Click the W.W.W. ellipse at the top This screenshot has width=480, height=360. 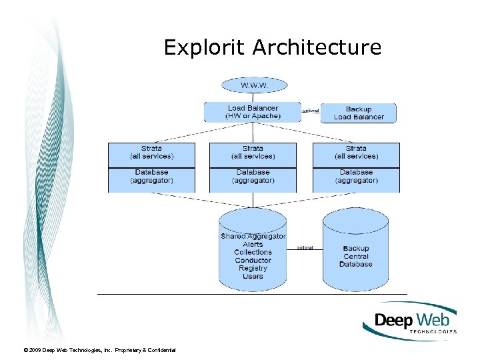(x=253, y=85)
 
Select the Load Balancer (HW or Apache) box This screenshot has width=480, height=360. (x=253, y=112)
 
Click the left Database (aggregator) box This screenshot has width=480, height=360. (x=151, y=177)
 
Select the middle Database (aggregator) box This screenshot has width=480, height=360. (x=253, y=177)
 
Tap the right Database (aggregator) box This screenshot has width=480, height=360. (x=356, y=177)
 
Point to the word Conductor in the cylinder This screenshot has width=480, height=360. (x=253, y=261)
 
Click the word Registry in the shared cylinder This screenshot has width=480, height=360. (x=253, y=269)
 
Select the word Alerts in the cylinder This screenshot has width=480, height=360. (x=253, y=245)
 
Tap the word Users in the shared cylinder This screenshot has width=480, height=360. (x=253, y=277)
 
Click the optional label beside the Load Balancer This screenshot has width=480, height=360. (x=311, y=111)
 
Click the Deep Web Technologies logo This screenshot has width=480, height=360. (x=410, y=321)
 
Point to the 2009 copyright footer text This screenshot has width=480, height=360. (x=99, y=350)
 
